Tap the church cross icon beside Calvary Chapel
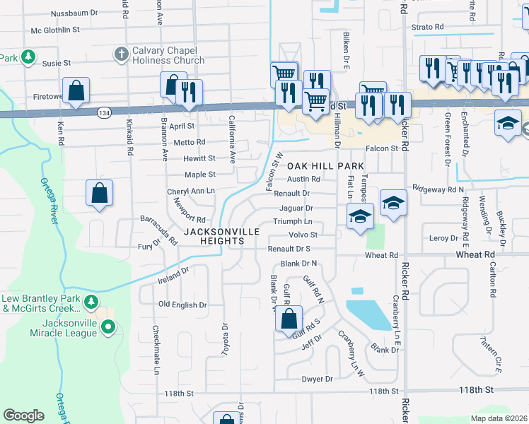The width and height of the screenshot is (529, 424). coord(121,54)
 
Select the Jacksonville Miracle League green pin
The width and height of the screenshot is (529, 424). coord(107,326)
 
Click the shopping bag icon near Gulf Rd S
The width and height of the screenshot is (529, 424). coord(289,319)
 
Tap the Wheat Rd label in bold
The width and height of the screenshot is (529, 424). coord(475,254)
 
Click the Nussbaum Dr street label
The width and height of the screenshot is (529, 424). coord(74,13)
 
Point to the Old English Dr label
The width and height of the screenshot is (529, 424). coord(182,305)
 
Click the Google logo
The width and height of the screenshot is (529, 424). coord(24,416)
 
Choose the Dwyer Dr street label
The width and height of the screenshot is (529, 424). coord(317,379)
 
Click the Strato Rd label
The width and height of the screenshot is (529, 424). coord(428,27)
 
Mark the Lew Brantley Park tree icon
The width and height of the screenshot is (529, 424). coord(91,302)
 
